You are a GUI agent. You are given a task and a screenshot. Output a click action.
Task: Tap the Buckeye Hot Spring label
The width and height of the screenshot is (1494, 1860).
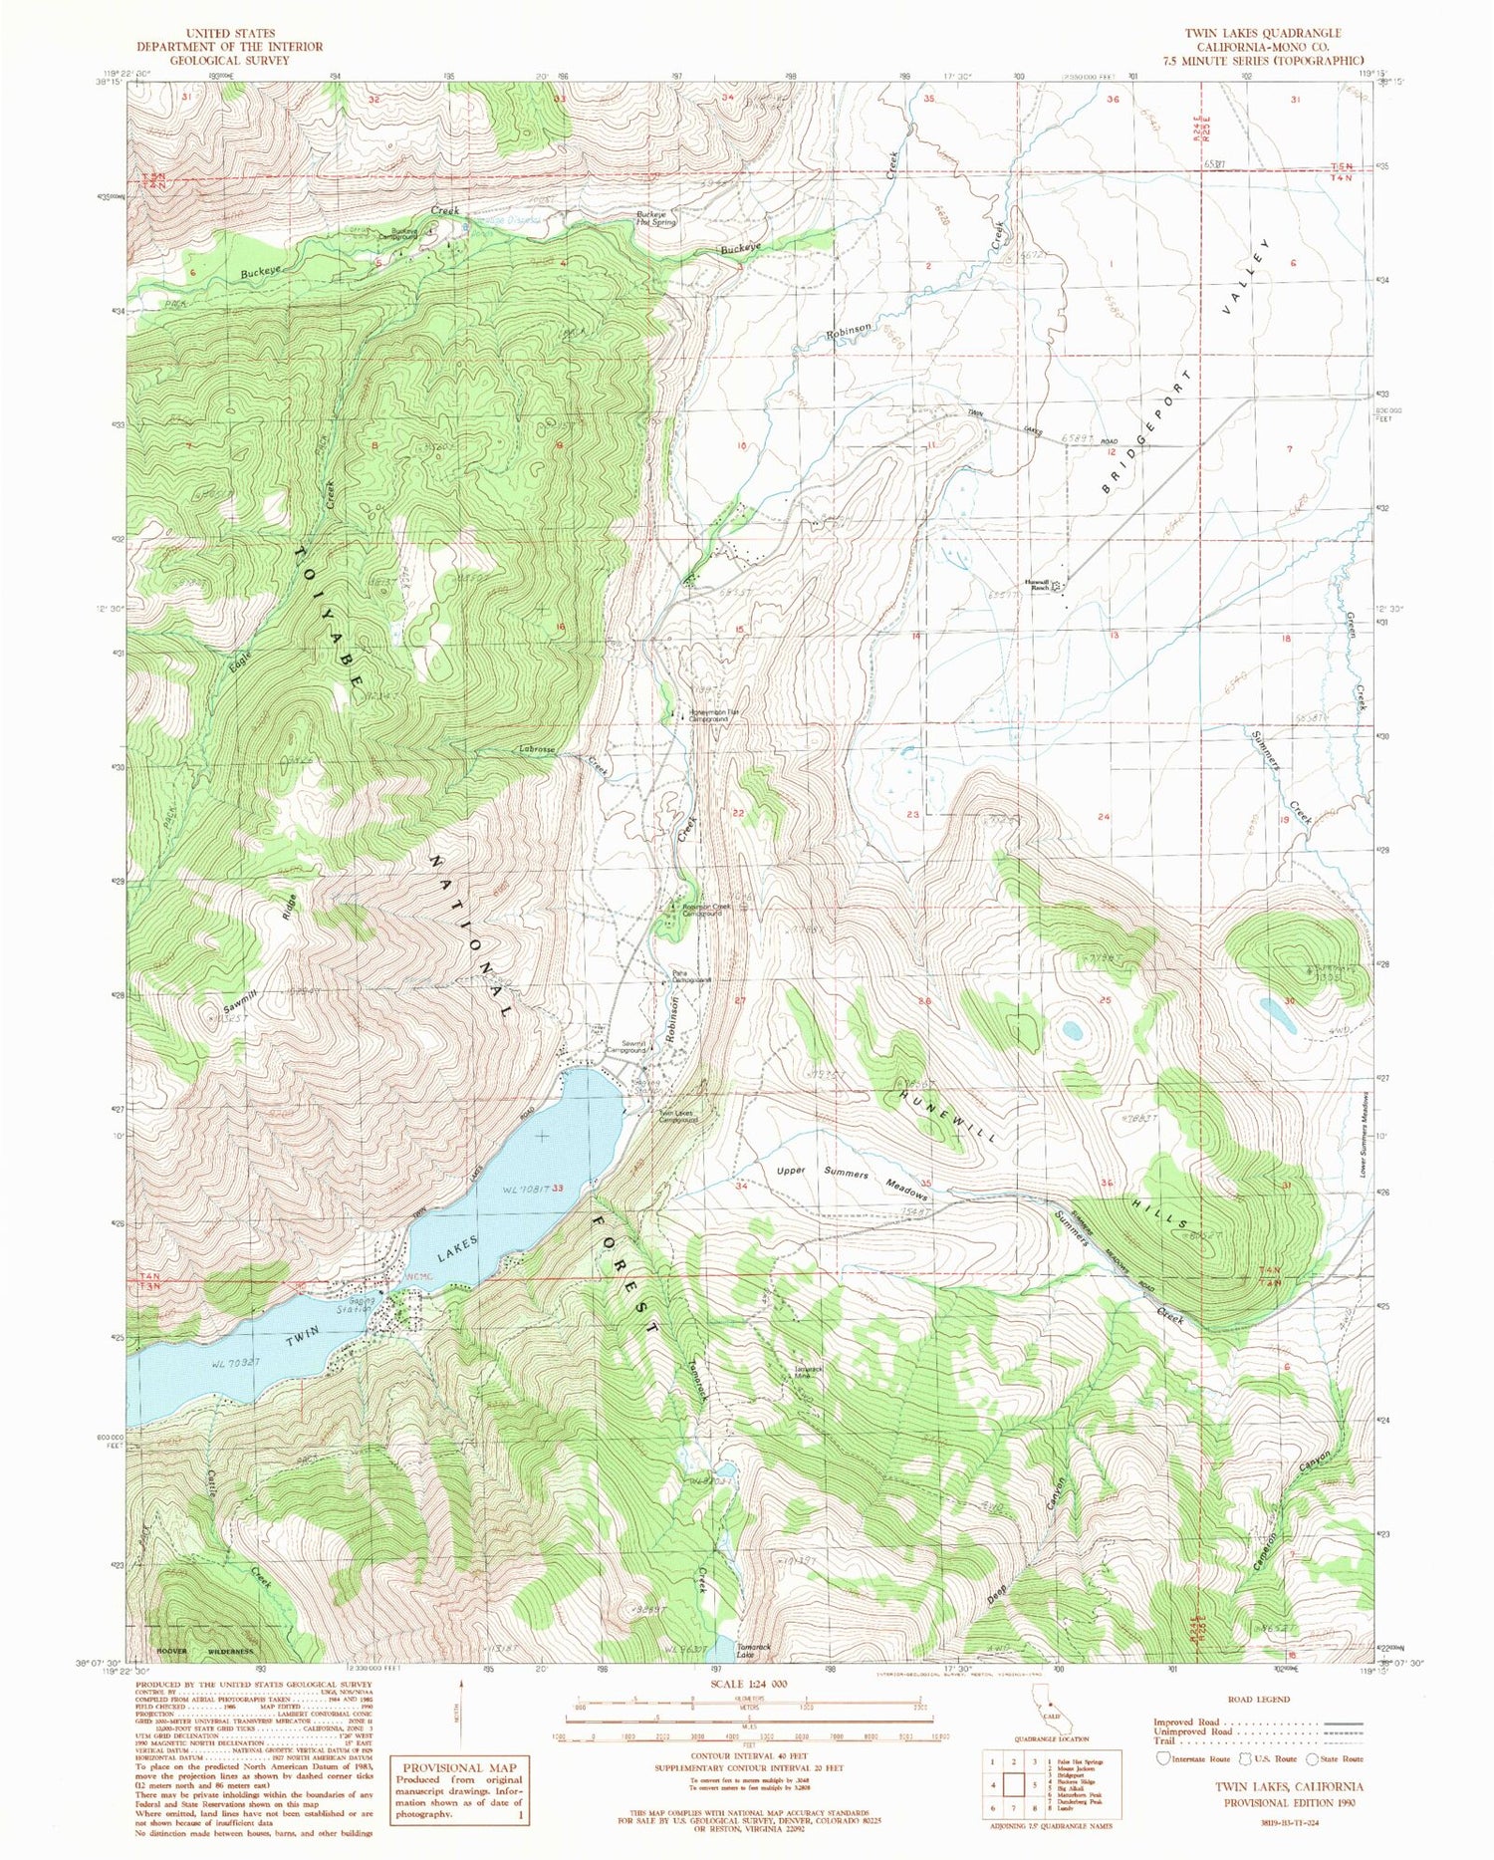click(x=656, y=218)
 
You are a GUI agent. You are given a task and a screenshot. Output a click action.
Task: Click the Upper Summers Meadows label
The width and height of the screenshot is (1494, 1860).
click(x=853, y=1180)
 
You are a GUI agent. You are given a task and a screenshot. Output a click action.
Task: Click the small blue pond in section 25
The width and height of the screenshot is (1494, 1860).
click(x=1072, y=1030)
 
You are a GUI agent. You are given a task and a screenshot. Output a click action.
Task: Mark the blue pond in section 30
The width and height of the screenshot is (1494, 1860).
click(x=1278, y=1014)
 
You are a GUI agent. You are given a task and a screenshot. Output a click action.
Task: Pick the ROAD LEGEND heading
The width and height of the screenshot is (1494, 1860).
click(x=1260, y=1699)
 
